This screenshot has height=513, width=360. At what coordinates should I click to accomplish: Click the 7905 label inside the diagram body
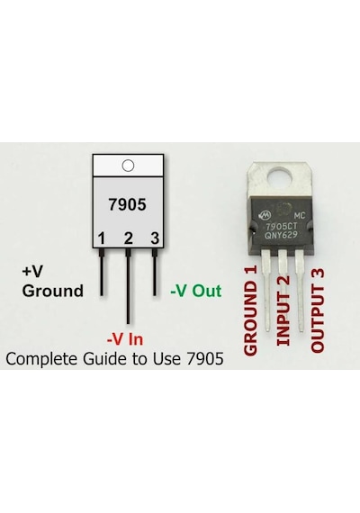pos(127,205)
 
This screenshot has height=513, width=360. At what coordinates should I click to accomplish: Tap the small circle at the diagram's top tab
pos(128,166)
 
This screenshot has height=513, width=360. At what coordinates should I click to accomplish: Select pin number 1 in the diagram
pos(102,238)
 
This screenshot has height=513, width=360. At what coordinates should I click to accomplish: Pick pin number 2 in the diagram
pos(129,238)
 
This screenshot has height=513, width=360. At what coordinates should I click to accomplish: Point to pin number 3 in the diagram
pos(155,238)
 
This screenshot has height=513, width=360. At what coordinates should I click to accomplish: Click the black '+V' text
pos(32,271)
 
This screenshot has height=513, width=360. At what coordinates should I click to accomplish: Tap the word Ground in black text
pos(53,291)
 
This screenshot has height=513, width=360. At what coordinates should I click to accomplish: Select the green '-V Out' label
pos(196,291)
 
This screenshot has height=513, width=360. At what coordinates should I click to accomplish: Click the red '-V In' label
pos(125,339)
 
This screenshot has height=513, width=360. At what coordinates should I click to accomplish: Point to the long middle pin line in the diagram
pos(128,286)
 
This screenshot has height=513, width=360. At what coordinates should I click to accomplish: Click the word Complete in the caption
pos(42,359)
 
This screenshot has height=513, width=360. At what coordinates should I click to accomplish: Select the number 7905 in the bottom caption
pos(205,358)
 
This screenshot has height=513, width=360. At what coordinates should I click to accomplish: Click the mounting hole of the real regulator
pos(280,178)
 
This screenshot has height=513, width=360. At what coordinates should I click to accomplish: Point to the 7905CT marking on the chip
pos(282,226)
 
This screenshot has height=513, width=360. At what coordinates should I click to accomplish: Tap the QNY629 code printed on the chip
pos(281,235)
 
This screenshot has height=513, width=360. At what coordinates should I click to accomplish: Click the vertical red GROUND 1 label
pos(250,310)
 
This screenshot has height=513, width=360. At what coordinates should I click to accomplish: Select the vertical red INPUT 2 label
pos(283,310)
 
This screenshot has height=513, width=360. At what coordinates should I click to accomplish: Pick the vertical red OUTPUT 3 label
pos(317,310)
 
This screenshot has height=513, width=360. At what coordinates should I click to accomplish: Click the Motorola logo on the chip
pos(265,215)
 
